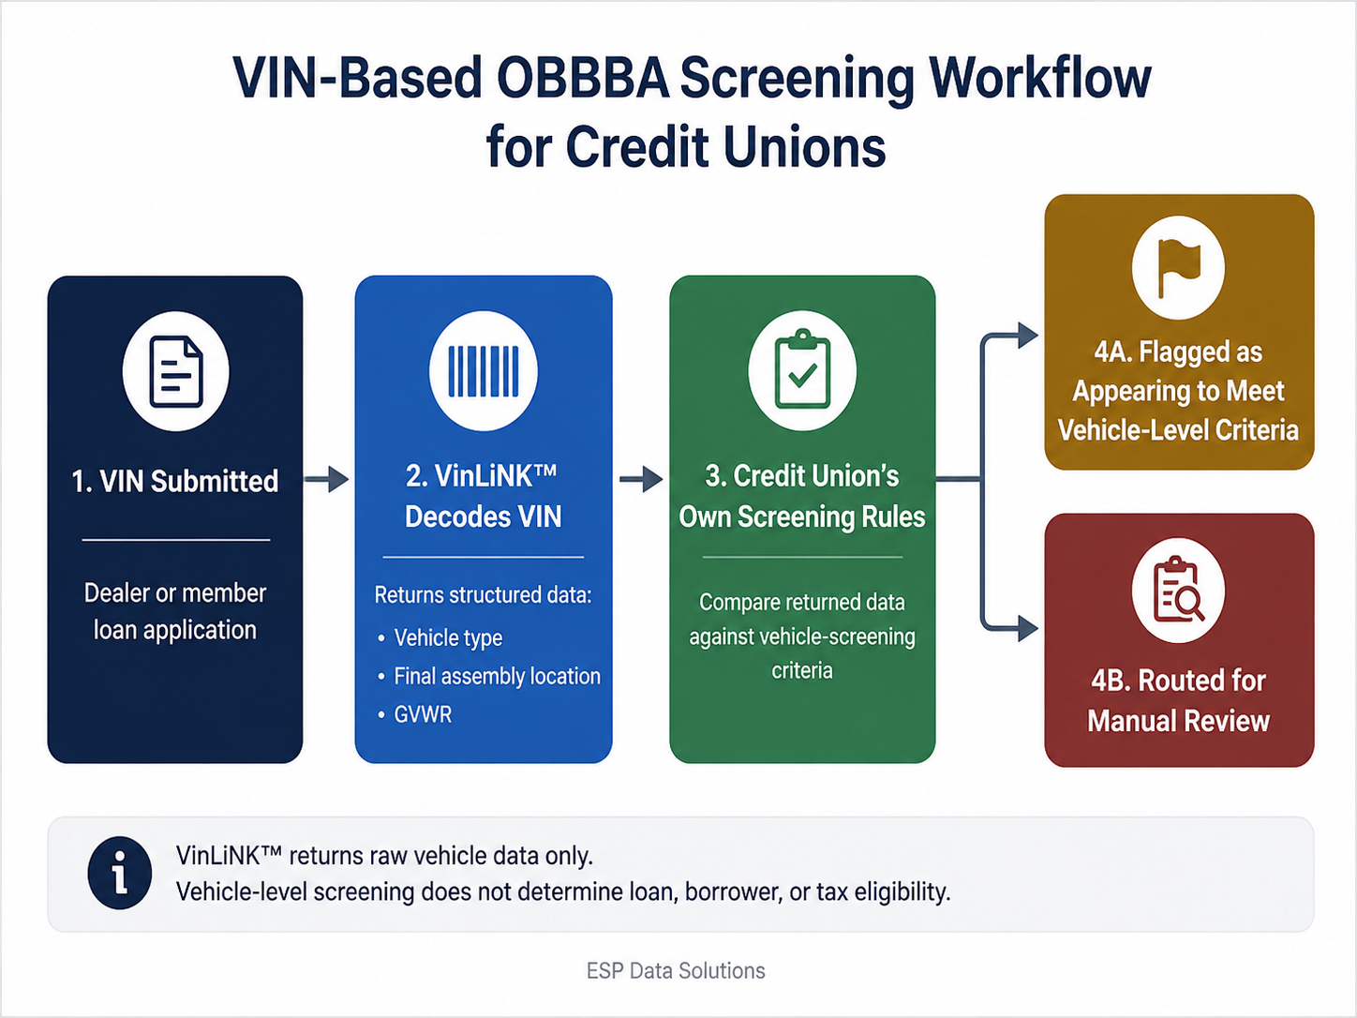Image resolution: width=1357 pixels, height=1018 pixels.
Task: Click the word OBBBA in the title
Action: tap(583, 79)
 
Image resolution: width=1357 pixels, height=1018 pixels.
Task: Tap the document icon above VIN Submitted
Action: tap(176, 371)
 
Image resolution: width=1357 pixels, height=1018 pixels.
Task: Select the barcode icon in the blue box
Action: tap(484, 371)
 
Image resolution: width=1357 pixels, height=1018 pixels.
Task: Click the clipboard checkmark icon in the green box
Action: tap(802, 369)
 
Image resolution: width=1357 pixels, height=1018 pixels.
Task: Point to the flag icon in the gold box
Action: tap(1178, 267)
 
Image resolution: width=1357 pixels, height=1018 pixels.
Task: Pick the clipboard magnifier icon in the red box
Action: tap(1179, 590)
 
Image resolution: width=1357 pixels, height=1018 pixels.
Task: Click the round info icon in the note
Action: tap(119, 873)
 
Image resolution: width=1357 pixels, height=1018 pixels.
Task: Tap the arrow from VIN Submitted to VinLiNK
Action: tap(326, 479)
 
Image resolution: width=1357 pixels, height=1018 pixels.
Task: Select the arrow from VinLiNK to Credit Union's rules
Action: tap(641, 479)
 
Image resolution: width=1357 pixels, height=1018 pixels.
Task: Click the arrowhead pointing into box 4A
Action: tap(1028, 336)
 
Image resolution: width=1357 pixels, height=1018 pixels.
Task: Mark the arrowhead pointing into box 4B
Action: tap(1028, 629)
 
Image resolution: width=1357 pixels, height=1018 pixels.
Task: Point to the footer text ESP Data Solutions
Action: tap(676, 970)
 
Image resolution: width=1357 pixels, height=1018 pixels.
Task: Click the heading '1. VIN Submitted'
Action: tap(175, 481)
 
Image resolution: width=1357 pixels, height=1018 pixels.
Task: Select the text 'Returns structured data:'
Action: tap(483, 594)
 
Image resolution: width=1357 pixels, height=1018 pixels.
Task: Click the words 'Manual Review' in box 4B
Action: tap(1178, 721)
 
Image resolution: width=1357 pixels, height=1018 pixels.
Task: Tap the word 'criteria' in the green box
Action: tap(802, 670)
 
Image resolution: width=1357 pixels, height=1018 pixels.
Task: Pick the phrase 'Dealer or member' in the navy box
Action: tap(175, 592)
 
